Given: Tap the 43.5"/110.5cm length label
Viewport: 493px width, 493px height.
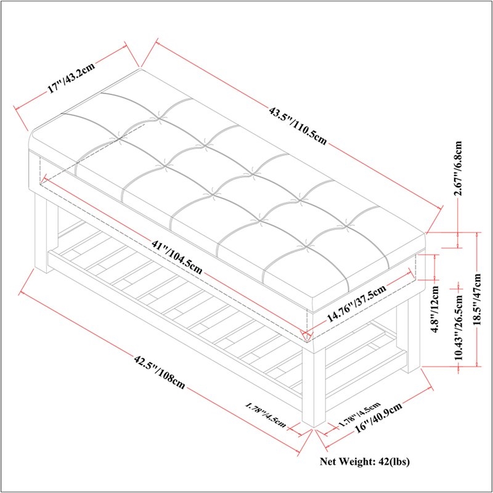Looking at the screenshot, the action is [x=298, y=126].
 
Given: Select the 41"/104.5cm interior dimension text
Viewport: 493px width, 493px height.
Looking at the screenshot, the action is [x=177, y=256].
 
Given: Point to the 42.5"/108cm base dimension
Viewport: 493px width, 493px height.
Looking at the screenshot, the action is [x=160, y=372].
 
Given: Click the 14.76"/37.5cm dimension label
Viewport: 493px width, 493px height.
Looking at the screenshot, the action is [x=356, y=303].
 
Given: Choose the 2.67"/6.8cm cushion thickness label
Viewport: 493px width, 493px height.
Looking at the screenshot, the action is [x=458, y=168].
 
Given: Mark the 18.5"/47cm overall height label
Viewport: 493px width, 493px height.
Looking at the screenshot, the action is [x=477, y=299].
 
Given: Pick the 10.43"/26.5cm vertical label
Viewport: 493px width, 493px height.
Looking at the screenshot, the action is [x=458, y=327].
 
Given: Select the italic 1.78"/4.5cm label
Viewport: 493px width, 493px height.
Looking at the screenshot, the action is [x=266, y=415].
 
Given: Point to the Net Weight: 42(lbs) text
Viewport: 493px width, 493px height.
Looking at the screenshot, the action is [x=365, y=462].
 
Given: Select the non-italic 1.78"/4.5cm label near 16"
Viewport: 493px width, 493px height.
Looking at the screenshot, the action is [x=359, y=415].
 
